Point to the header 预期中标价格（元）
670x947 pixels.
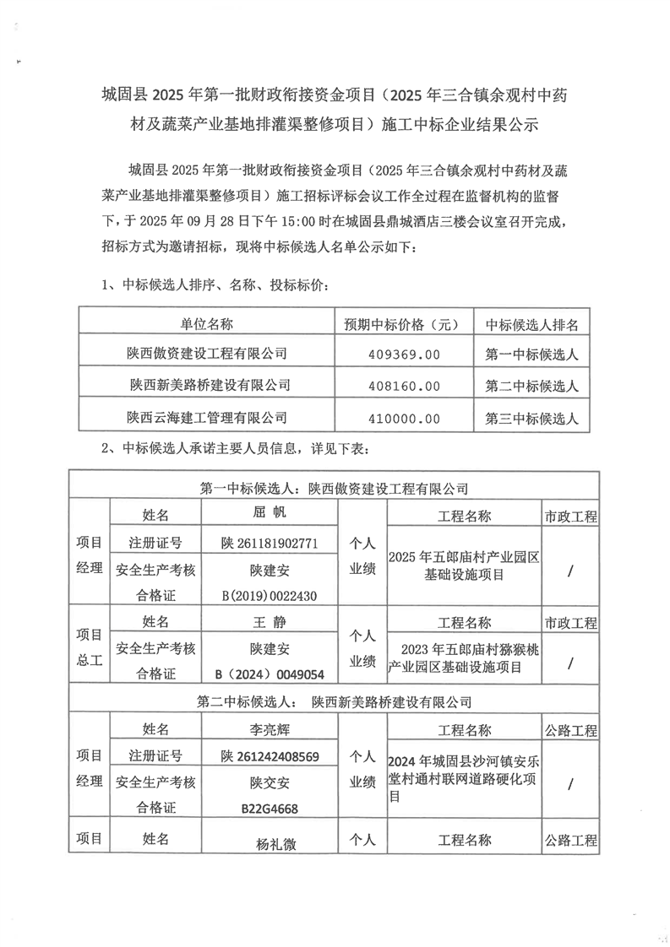pos(403,324)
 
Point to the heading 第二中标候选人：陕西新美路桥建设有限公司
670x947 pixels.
pos(334,701)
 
